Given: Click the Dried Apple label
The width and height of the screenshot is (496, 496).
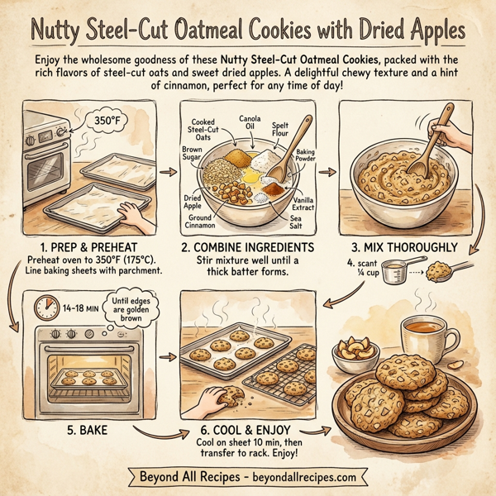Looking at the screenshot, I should tap(193, 199).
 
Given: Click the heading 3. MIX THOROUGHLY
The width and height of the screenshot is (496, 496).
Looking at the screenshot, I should tap(403, 247).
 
